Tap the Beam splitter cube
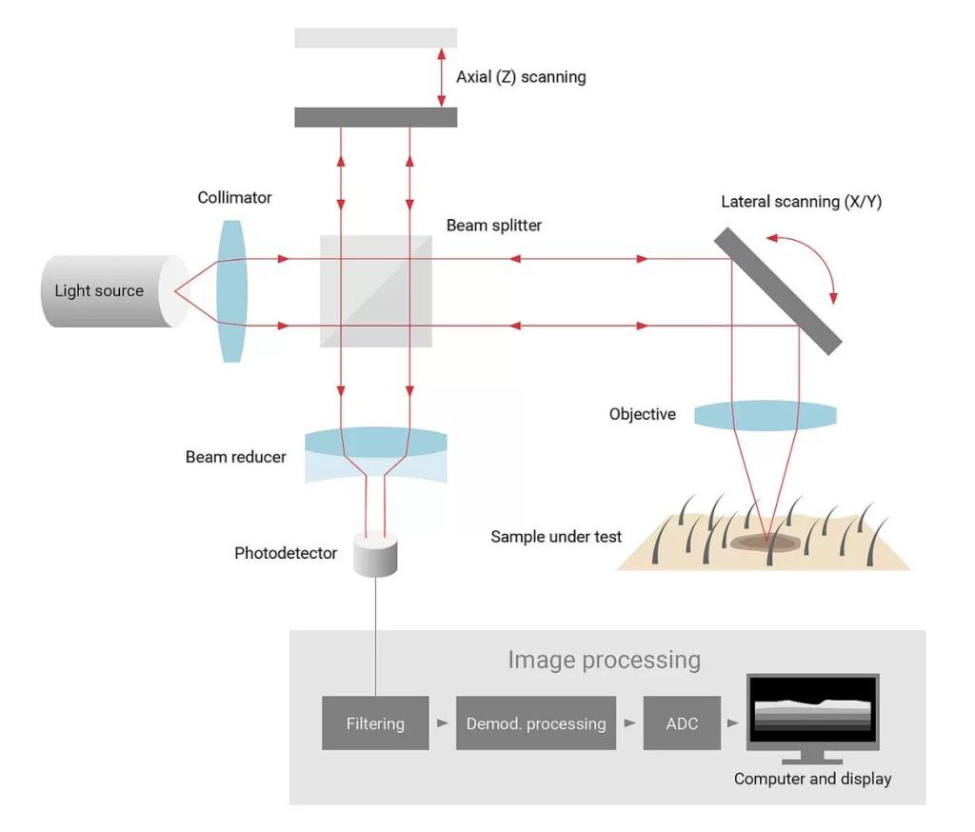tap(375, 291)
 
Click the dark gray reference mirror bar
tap(376, 116)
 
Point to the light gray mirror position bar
tap(376, 37)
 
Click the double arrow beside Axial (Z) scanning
tap(441, 77)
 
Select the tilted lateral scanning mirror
tap(778, 291)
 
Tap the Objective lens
tap(765, 416)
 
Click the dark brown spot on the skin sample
tap(766, 542)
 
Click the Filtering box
tap(375, 723)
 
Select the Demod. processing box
tap(536, 723)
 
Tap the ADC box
tap(681, 723)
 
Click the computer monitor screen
tap(812, 713)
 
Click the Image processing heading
tap(604, 660)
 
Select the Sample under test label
tap(556, 537)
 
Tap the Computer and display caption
tap(812, 779)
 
